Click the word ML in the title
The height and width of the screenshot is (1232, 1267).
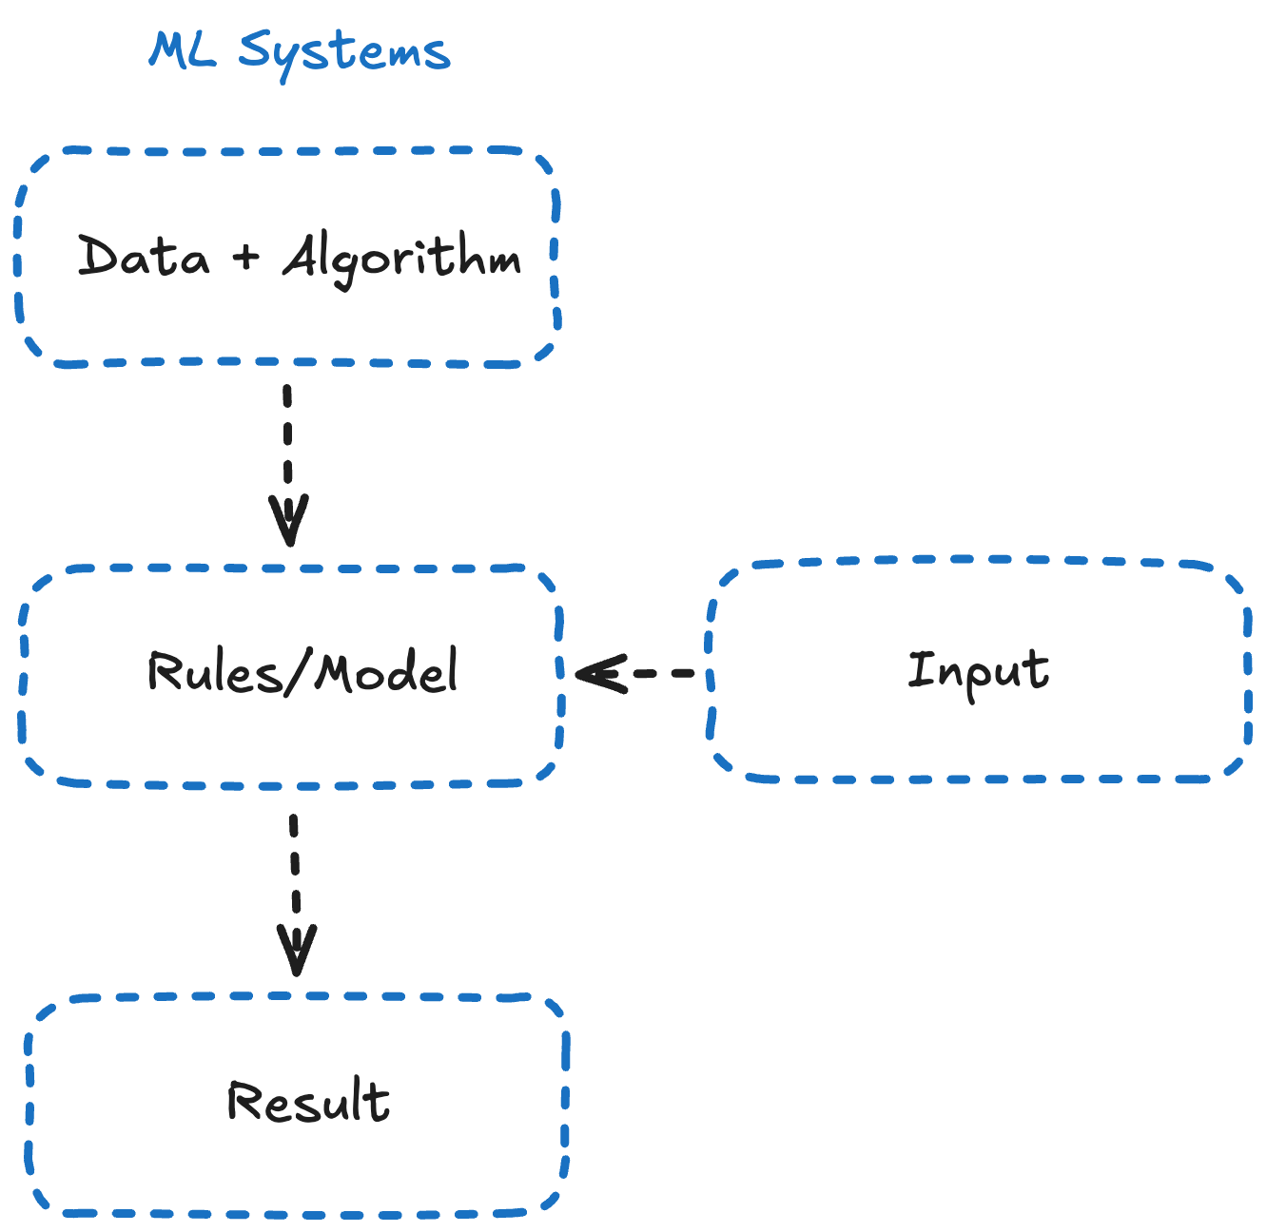click(x=182, y=49)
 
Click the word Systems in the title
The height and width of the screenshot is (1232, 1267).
click(x=343, y=52)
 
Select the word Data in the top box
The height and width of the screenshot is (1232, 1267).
click(x=143, y=256)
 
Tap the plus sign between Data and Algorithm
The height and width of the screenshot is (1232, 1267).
click(x=245, y=256)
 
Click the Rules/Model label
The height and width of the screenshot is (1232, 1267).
click(x=302, y=671)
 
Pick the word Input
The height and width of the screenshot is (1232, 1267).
click(x=978, y=671)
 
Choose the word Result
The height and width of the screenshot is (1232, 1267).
click(x=308, y=1102)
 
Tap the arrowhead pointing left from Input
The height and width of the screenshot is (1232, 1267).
click(x=599, y=673)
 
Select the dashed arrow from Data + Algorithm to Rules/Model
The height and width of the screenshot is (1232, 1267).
click(x=287, y=447)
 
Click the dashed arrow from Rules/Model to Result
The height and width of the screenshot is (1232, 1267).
click(x=294, y=875)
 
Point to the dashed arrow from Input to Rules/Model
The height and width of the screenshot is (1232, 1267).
click(x=656, y=673)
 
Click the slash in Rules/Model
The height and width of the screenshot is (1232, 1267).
click(x=299, y=671)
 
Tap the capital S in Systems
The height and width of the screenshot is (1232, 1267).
click(x=255, y=49)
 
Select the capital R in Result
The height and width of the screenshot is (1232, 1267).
click(x=244, y=1102)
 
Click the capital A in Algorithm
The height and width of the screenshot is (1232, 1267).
click(x=303, y=256)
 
